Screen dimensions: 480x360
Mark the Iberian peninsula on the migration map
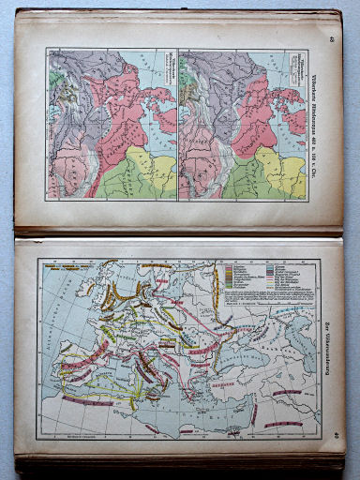point(89,384)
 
